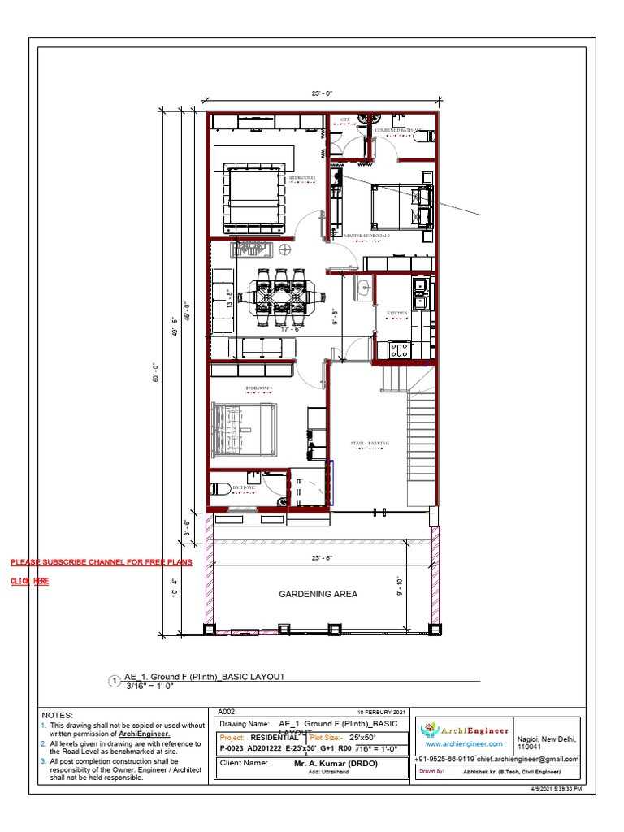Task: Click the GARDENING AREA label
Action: [x=318, y=594]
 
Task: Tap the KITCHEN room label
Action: [x=396, y=313]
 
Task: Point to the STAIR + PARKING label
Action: [x=370, y=443]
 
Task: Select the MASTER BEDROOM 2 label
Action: [x=366, y=236]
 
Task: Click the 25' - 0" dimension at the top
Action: [x=322, y=93]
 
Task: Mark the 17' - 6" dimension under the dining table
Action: [x=291, y=329]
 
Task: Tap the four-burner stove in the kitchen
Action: [x=399, y=350]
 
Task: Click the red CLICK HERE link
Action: [x=30, y=581]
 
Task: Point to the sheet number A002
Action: [x=228, y=710]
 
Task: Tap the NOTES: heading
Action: [x=57, y=714]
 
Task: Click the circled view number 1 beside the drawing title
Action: [x=115, y=681]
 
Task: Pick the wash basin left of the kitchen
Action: [x=365, y=286]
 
